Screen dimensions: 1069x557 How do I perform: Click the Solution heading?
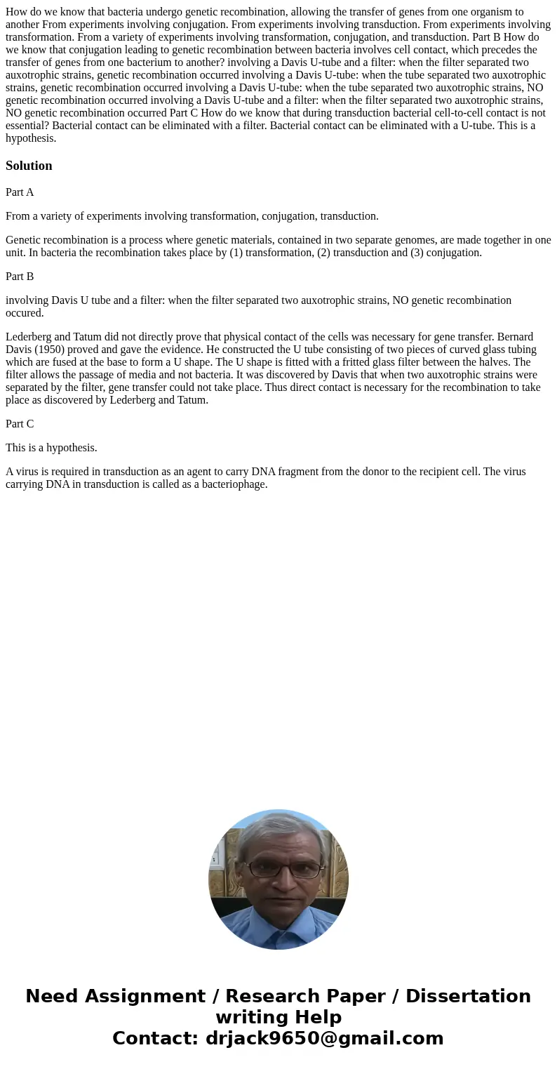pyautogui.click(x=29, y=166)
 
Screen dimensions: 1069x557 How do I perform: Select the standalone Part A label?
pyautogui.click(x=20, y=192)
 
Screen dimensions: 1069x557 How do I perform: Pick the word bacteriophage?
pyautogui.click(x=234, y=484)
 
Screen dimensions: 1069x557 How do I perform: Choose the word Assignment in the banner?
pyautogui.click(x=145, y=996)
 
